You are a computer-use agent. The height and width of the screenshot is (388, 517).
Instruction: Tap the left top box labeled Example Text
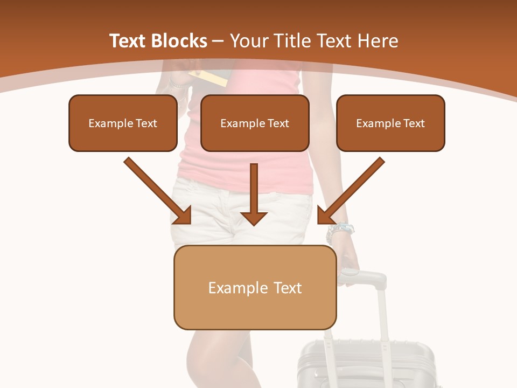(x=123, y=123)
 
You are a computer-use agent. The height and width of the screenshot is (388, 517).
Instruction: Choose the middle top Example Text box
(x=255, y=123)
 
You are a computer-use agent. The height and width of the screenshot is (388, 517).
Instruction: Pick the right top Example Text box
(x=390, y=123)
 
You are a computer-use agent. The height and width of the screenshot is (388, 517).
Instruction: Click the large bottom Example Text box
(x=255, y=288)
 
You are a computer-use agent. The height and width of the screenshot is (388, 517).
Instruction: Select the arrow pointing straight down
(x=254, y=194)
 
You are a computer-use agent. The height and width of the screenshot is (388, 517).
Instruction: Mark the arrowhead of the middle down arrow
(x=254, y=217)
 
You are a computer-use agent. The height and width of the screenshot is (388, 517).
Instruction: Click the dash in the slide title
(x=219, y=41)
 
